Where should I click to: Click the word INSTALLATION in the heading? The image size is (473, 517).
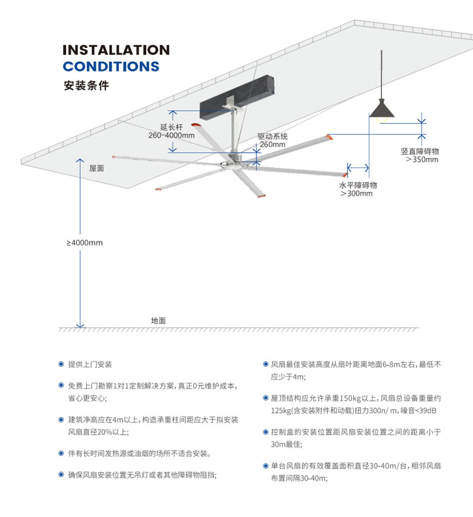click(x=116, y=50)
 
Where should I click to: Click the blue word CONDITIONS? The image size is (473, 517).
click(x=111, y=67)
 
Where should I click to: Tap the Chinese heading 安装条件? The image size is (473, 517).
click(x=86, y=85)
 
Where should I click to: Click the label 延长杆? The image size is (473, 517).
click(x=172, y=127)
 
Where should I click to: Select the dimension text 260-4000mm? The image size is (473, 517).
click(x=172, y=136)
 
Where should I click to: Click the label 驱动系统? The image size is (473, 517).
click(x=272, y=136)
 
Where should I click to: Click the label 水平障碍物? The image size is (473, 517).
click(x=358, y=184)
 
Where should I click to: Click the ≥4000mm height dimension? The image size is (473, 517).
click(x=85, y=243)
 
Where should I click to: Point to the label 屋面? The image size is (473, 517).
click(x=96, y=168)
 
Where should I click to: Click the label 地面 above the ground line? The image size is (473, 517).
click(x=158, y=320)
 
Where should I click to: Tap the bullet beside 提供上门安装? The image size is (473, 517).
click(x=61, y=365)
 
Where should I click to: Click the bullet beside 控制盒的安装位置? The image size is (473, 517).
click(x=265, y=432)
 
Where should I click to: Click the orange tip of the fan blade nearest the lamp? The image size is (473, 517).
click(x=330, y=138)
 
